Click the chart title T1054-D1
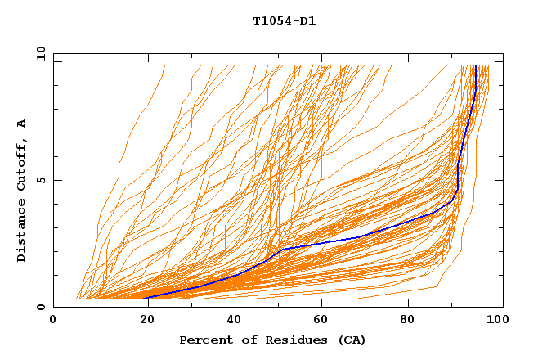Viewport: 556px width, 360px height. [x=284, y=20]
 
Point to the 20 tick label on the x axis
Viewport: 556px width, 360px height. [x=142, y=320]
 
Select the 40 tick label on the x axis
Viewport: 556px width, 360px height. [x=232, y=320]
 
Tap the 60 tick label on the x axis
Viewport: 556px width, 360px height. [x=321, y=320]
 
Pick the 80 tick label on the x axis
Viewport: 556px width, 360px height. [x=411, y=320]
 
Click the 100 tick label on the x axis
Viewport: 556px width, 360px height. [x=496, y=320]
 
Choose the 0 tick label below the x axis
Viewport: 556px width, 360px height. [x=53, y=320]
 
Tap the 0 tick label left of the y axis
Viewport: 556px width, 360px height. [x=41, y=307]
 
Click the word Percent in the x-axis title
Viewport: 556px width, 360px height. [x=203, y=340]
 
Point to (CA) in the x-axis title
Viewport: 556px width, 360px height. [x=350, y=340]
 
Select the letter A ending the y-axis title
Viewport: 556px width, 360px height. [x=21, y=124]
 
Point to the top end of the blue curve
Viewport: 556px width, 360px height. [x=475, y=67]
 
